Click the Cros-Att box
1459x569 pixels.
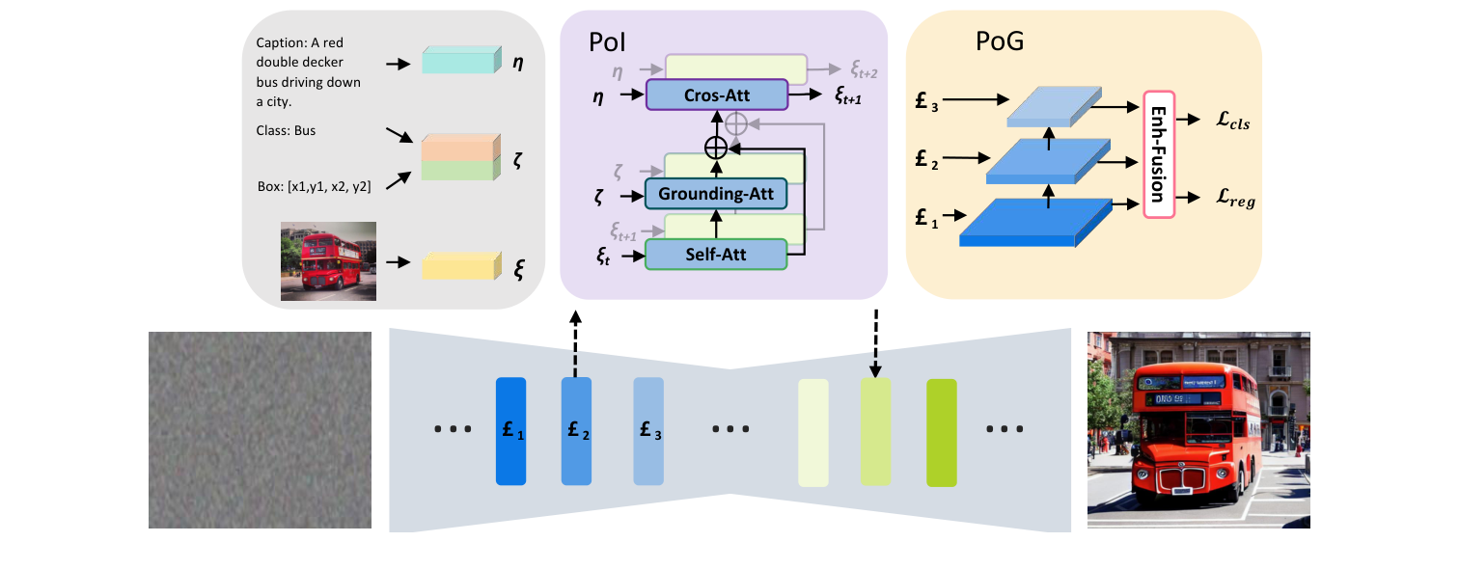tap(717, 95)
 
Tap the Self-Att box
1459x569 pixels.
tap(716, 255)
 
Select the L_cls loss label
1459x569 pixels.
tap(1233, 122)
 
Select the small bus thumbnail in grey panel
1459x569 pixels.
tap(328, 261)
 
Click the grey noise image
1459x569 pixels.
tap(260, 430)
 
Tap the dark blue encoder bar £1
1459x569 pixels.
tap(509, 431)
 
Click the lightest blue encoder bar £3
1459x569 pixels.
tap(648, 431)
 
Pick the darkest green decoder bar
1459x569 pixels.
tap(941, 432)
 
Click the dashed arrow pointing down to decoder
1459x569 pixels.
tap(876, 342)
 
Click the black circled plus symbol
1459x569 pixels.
tap(716, 148)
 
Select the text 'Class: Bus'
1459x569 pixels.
tap(287, 131)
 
